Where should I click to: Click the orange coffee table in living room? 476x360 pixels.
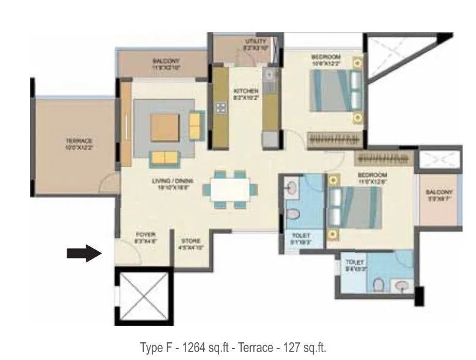165,127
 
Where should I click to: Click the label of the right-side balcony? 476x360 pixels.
439,195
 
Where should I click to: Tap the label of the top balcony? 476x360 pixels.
165,64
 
